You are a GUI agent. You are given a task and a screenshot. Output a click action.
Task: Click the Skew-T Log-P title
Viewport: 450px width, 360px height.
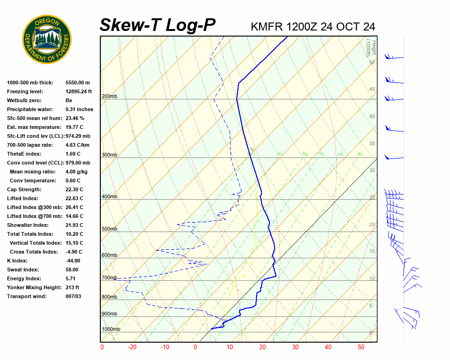click(157, 25)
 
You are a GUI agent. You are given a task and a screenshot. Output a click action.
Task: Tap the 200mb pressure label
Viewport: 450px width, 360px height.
click(109, 97)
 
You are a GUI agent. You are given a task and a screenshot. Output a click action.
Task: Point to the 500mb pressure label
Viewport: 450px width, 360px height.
click(109, 229)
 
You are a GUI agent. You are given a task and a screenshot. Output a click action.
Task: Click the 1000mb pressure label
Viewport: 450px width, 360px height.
click(111, 330)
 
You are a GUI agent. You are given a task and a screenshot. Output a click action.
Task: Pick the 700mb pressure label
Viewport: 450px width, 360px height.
click(109, 278)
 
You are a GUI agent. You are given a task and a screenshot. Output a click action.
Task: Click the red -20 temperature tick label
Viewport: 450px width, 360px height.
click(132, 347)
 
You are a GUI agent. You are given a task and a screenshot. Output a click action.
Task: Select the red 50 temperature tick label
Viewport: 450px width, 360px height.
click(361, 347)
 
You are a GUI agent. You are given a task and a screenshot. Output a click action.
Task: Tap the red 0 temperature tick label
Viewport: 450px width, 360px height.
click(195, 347)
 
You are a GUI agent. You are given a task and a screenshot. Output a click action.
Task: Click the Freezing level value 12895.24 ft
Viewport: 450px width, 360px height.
click(79, 91)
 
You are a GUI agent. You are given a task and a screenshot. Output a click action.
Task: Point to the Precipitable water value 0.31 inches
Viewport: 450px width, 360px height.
click(79, 109)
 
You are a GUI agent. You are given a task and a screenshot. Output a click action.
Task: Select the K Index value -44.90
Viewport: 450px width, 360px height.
click(73, 261)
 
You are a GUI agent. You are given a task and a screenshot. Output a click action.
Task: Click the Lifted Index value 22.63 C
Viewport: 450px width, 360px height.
click(74, 198)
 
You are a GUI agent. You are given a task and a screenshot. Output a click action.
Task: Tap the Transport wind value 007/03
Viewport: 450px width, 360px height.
click(73, 296)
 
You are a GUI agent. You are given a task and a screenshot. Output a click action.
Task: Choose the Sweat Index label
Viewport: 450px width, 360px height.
click(22, 270)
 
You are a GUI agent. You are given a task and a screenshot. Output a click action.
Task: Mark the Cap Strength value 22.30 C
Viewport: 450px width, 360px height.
click(74, 189)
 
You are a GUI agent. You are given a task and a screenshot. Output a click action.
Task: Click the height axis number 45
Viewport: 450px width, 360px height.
click(372, 90)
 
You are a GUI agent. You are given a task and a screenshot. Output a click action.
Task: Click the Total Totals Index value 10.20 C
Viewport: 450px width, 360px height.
click(74, 234)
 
